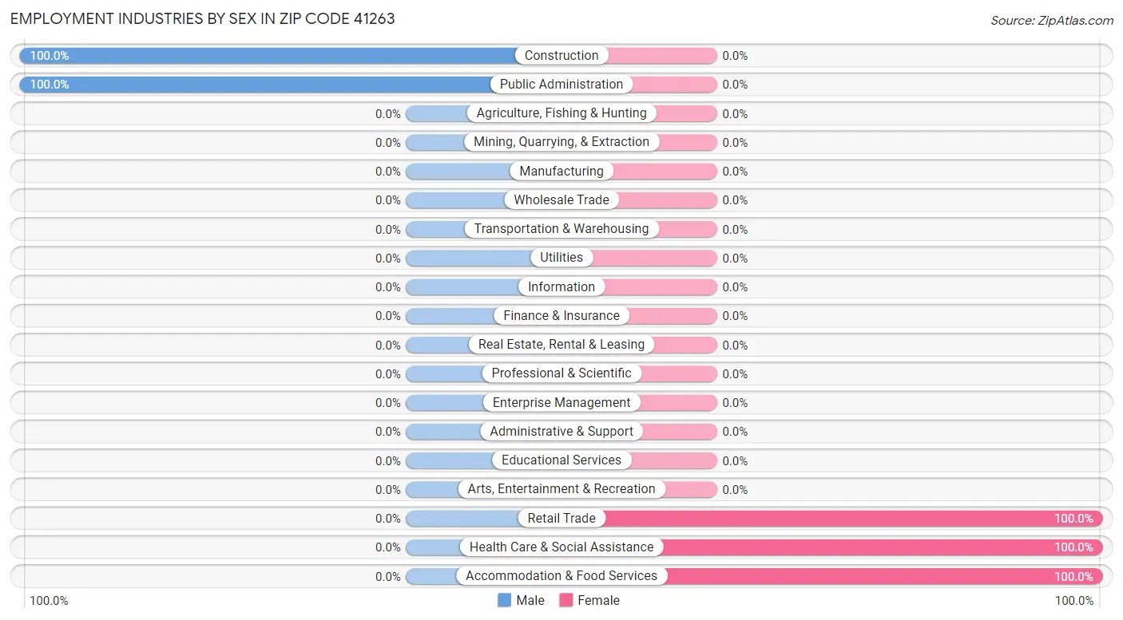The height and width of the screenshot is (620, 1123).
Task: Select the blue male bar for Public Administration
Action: click(256, 85)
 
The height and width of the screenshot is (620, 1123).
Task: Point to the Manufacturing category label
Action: click(561, 172)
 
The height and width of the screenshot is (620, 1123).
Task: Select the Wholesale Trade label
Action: click(561, 200)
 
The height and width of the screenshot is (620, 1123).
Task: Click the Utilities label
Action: click(561, 258)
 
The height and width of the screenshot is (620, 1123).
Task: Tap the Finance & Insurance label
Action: click(561, 316)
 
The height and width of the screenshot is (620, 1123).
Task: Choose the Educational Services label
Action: click(561, 460)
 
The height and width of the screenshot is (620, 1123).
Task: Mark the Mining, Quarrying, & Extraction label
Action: click(561, 142)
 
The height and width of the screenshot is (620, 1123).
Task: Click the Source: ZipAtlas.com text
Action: click(1051, 20)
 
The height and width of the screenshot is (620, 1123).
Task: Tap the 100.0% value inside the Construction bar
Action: click(50, 56)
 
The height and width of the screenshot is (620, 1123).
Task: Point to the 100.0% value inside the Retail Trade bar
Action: click(1073, 519)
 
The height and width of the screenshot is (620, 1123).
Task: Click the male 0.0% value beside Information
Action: click(388, 287)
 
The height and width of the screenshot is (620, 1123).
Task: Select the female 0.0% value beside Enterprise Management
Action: click(735, 403)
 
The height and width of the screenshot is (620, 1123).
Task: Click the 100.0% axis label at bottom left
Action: click(49, 601)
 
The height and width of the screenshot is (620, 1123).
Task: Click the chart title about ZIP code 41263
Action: click(203, 18)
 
